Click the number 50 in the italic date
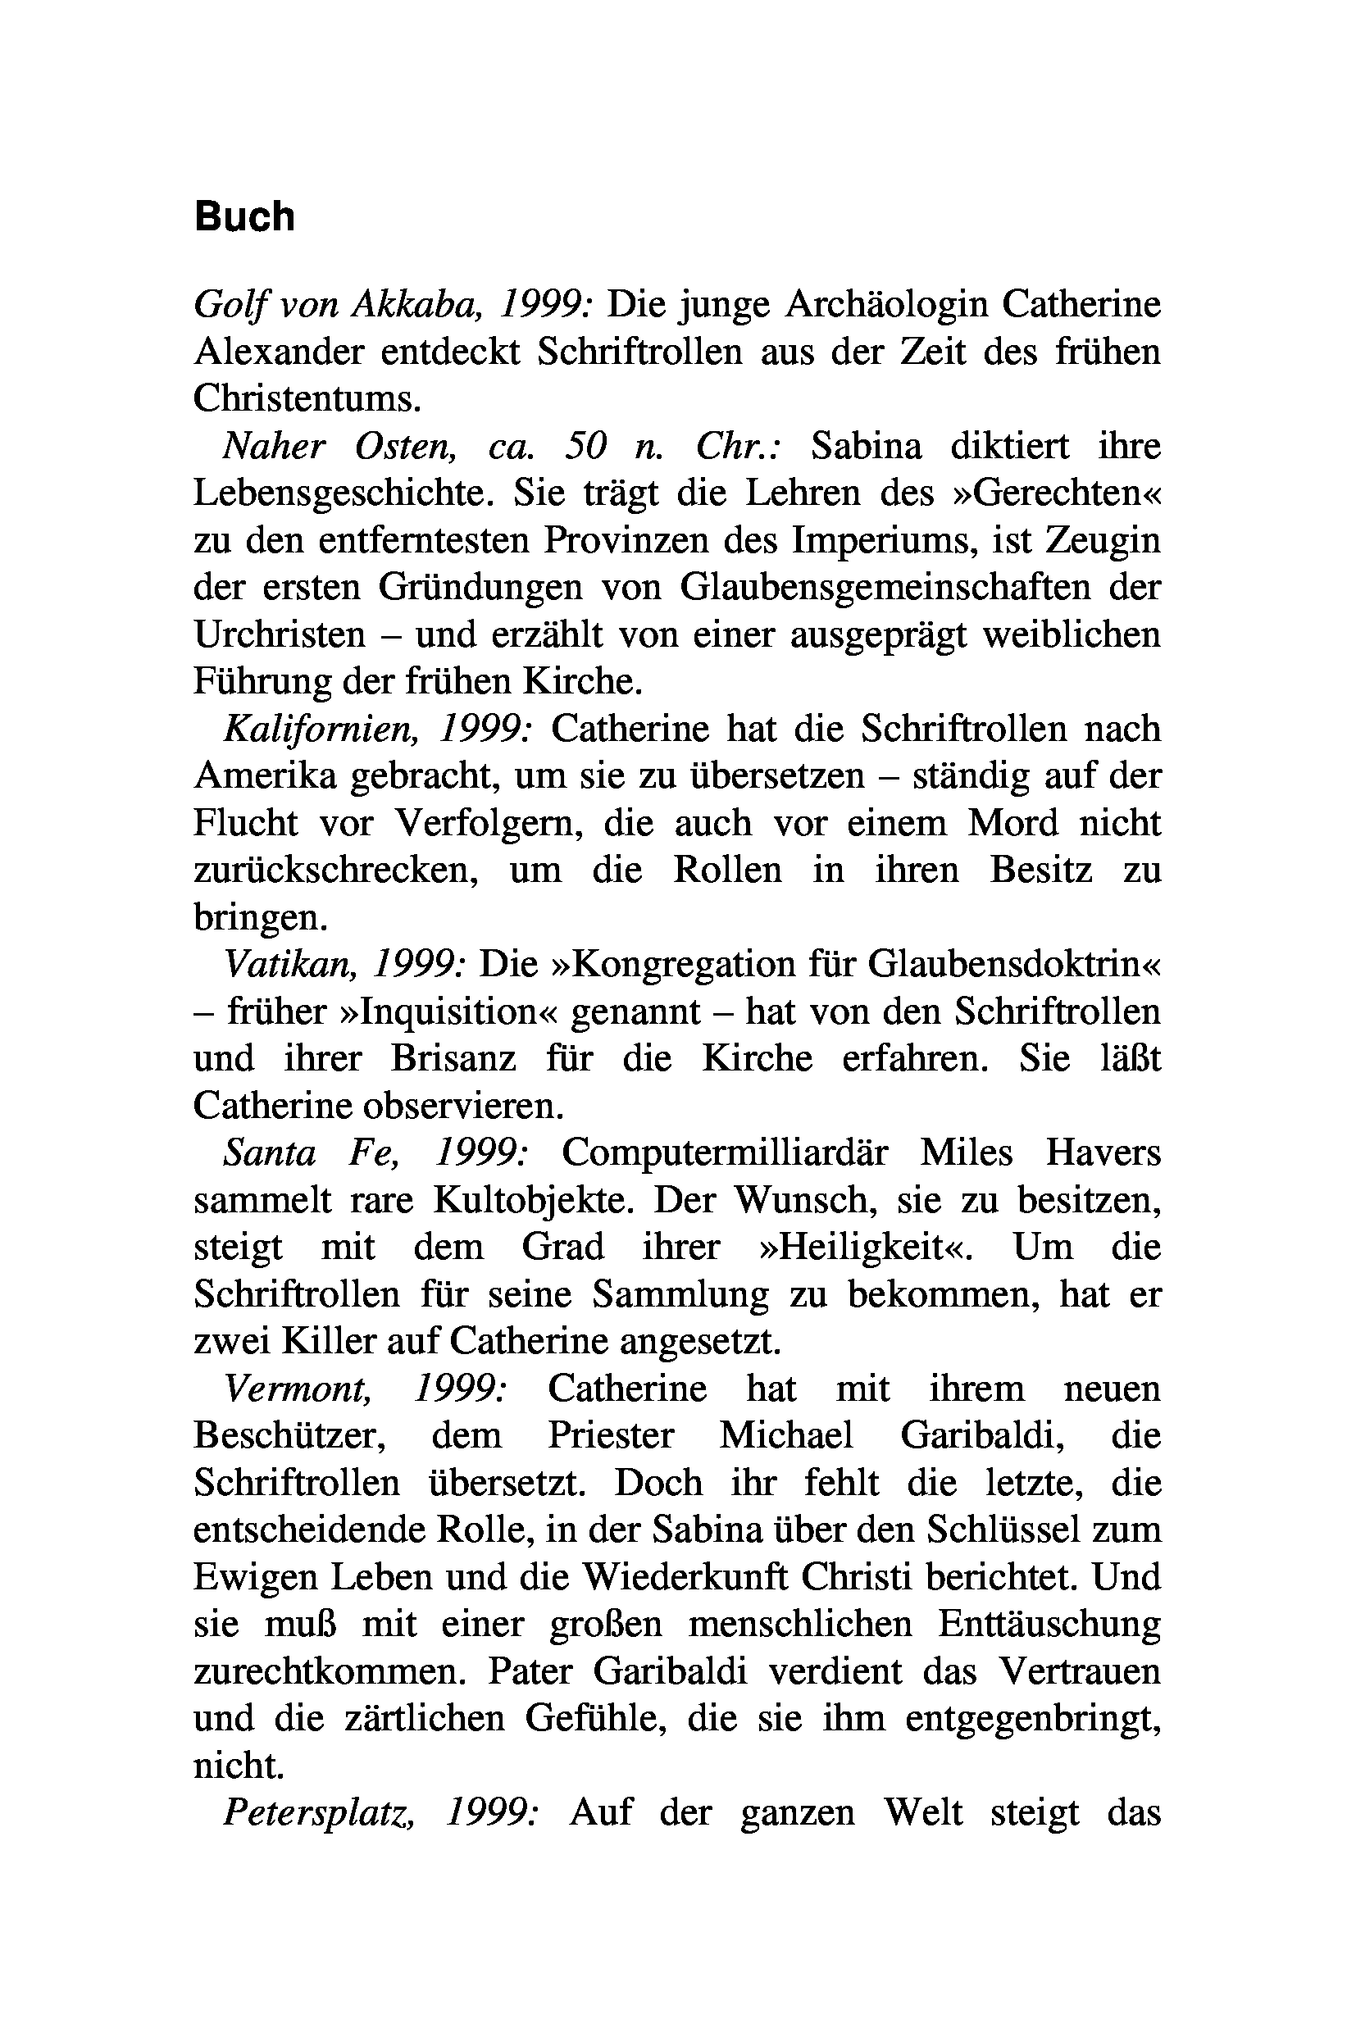pyautogui.click(x=585, y=446)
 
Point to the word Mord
pyautogui.click(x=1012, y=823)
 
